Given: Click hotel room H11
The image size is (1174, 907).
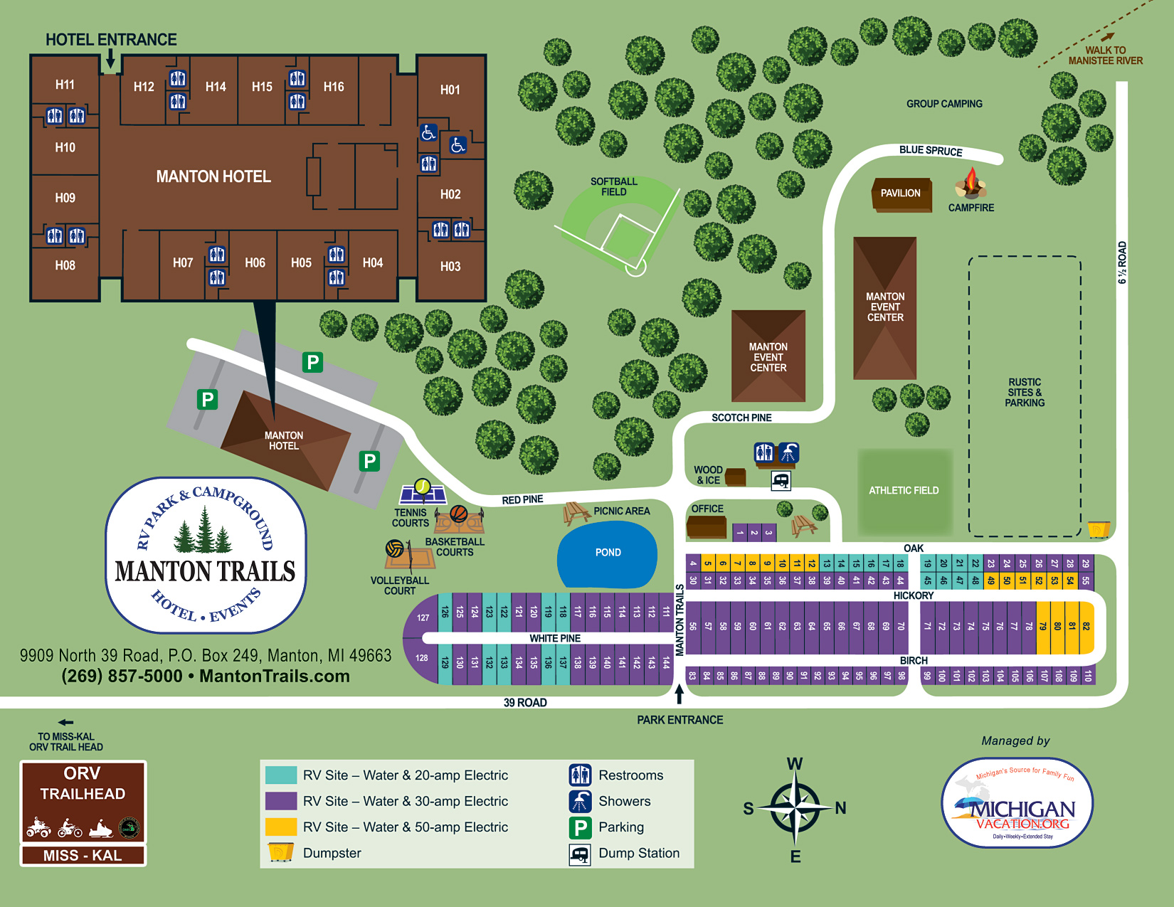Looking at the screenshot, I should coord(65,85).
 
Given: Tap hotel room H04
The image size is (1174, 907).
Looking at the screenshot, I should coord(372,263).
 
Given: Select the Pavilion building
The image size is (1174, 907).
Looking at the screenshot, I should coord(901,193).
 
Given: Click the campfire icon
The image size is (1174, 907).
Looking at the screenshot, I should coord(971,184).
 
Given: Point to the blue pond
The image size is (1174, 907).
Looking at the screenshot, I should coord(607,553).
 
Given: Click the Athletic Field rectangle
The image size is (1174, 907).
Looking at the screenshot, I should coord(904,491).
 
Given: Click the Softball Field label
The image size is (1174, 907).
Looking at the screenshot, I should coord(613,186).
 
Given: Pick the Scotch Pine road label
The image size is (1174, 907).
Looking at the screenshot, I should coord(741,418).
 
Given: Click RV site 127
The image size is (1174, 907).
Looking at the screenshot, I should coord(423,617).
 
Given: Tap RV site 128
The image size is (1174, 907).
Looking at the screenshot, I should coord(421,658).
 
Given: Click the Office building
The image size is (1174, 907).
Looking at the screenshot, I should coord(706,527).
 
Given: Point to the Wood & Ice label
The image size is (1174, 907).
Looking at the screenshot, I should coord(708,474).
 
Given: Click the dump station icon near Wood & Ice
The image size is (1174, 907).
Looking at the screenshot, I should coord(781,481).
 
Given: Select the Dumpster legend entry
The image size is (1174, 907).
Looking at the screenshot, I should coord(332,853).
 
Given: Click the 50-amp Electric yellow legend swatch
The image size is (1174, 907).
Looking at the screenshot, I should coord(281,827).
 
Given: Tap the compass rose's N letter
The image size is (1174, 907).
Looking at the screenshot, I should coord(840,808).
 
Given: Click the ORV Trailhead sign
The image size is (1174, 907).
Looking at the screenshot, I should coord(83,812).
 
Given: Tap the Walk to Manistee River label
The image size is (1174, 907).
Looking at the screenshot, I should coord(1104,55).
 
